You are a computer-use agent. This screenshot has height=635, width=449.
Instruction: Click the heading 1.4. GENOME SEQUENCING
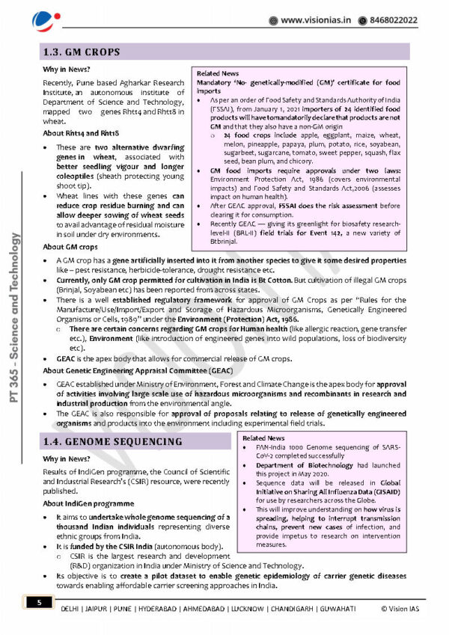[x=112, y=441]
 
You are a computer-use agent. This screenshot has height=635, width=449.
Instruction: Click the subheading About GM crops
[x=70, y=246]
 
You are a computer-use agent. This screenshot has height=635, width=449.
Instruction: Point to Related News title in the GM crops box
[x=218, y=73]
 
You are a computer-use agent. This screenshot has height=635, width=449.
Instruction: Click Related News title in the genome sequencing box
[x=263, y=438]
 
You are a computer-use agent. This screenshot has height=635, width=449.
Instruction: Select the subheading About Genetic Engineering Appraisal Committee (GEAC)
[x=137, y=370]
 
